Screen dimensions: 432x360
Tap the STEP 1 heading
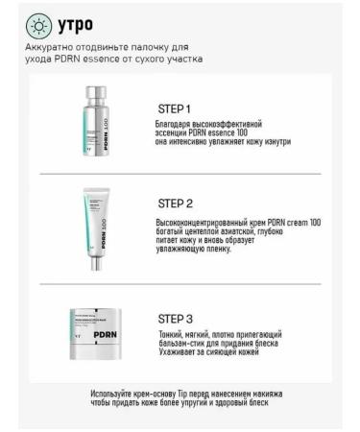[x=174, y=108]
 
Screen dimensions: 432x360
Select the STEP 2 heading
[x=175, y=204]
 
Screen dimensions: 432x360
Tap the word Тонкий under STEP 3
[x=169, y=333]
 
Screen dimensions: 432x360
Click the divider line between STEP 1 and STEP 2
[x=180, y=174]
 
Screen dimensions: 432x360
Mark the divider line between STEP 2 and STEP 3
[x=180, y=285]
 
